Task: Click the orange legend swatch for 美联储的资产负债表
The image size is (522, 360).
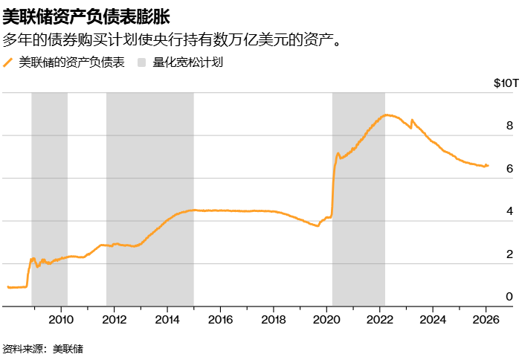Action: click(9, 63)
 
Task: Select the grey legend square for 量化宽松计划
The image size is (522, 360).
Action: click(143, 63)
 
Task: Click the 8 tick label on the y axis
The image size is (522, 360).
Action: click(509, 126)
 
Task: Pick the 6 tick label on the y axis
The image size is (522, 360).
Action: click(509, 169)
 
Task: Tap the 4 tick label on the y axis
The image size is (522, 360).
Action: click(509, 211)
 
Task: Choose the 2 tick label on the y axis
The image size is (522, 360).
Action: click(509, 254)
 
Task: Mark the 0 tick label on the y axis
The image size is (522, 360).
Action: click(509, 297)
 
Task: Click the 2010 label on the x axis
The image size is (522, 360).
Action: click(60, 321)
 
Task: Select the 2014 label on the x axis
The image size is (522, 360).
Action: click(167, 321)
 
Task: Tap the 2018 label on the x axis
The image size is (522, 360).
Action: click(273, 321)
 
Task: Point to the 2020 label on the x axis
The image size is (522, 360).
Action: click(326, 321)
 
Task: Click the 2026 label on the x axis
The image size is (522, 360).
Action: click(486, 321)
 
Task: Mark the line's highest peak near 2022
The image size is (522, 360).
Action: click(387, 115)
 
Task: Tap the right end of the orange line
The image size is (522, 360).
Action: click(488, 165)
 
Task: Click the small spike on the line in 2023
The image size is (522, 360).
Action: click(412, 120)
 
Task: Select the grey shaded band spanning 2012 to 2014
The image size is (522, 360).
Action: click(149, 199)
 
